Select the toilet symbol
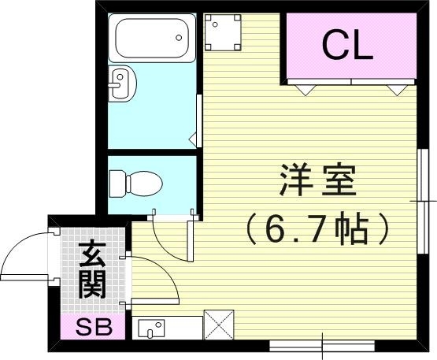(x=135, y=184)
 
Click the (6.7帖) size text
(x=317, y=228)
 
